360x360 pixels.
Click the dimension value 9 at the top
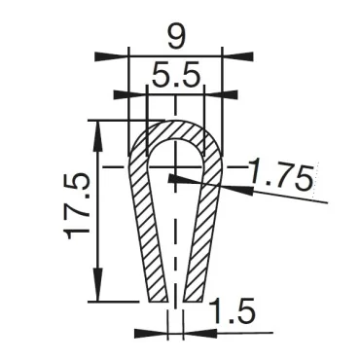click(175, 38)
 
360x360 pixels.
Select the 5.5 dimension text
click(175, 75)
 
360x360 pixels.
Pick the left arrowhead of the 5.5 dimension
click(132, 94)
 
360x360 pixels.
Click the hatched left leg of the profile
click(147, 243)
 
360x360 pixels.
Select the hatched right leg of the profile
click(203, 243)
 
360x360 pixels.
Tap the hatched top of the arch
click(175, 126)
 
